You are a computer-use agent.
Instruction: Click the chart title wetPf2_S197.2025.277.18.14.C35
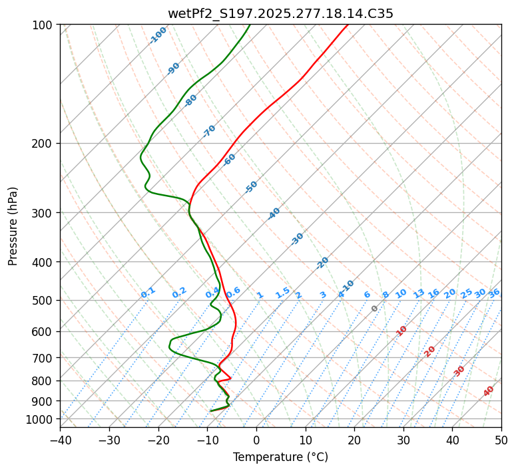coord(280,13)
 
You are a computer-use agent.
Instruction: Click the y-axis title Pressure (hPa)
coord(13,226)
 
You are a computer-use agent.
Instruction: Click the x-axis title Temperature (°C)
coord(280,458)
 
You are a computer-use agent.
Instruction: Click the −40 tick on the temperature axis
coord(60,440)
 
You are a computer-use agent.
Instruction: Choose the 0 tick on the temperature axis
coord(256,440)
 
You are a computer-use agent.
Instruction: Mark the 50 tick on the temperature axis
coord(501,440)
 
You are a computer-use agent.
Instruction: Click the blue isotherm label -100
coord(158,35)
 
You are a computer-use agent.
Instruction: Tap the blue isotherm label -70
coord(209,131)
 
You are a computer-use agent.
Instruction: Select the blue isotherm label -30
coord(297,239)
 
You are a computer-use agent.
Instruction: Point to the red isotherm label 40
coord(489,391)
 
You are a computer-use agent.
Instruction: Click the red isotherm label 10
coord(401,331)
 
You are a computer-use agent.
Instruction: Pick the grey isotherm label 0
coord(375,309)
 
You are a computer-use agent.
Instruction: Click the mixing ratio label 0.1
coord(148,293)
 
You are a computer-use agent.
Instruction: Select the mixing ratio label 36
coord(494,293)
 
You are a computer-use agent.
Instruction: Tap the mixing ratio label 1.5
coord(282,293)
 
